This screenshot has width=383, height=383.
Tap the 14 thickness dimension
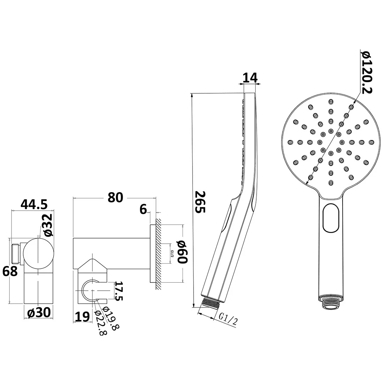coord(250,78)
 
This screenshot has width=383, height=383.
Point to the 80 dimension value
coord(115,197)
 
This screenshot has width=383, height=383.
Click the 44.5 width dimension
coord(34,204)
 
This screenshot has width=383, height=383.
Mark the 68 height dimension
coord(10,271)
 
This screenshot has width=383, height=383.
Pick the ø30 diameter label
coord(39,312)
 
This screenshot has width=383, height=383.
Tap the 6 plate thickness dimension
coord(143,209)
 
